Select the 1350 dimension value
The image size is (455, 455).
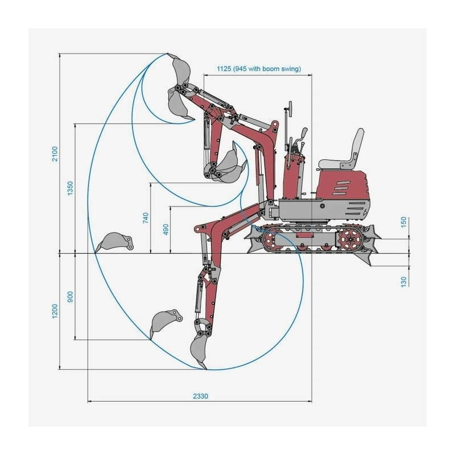pos(70,189)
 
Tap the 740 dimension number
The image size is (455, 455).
pos(146,218)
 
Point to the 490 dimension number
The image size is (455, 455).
pos(166,229)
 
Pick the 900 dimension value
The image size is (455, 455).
pos(70,297)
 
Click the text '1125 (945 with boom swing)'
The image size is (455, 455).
pos(259,69)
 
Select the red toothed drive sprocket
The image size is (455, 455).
pos(349,241)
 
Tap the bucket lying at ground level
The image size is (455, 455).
pos(115,242)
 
